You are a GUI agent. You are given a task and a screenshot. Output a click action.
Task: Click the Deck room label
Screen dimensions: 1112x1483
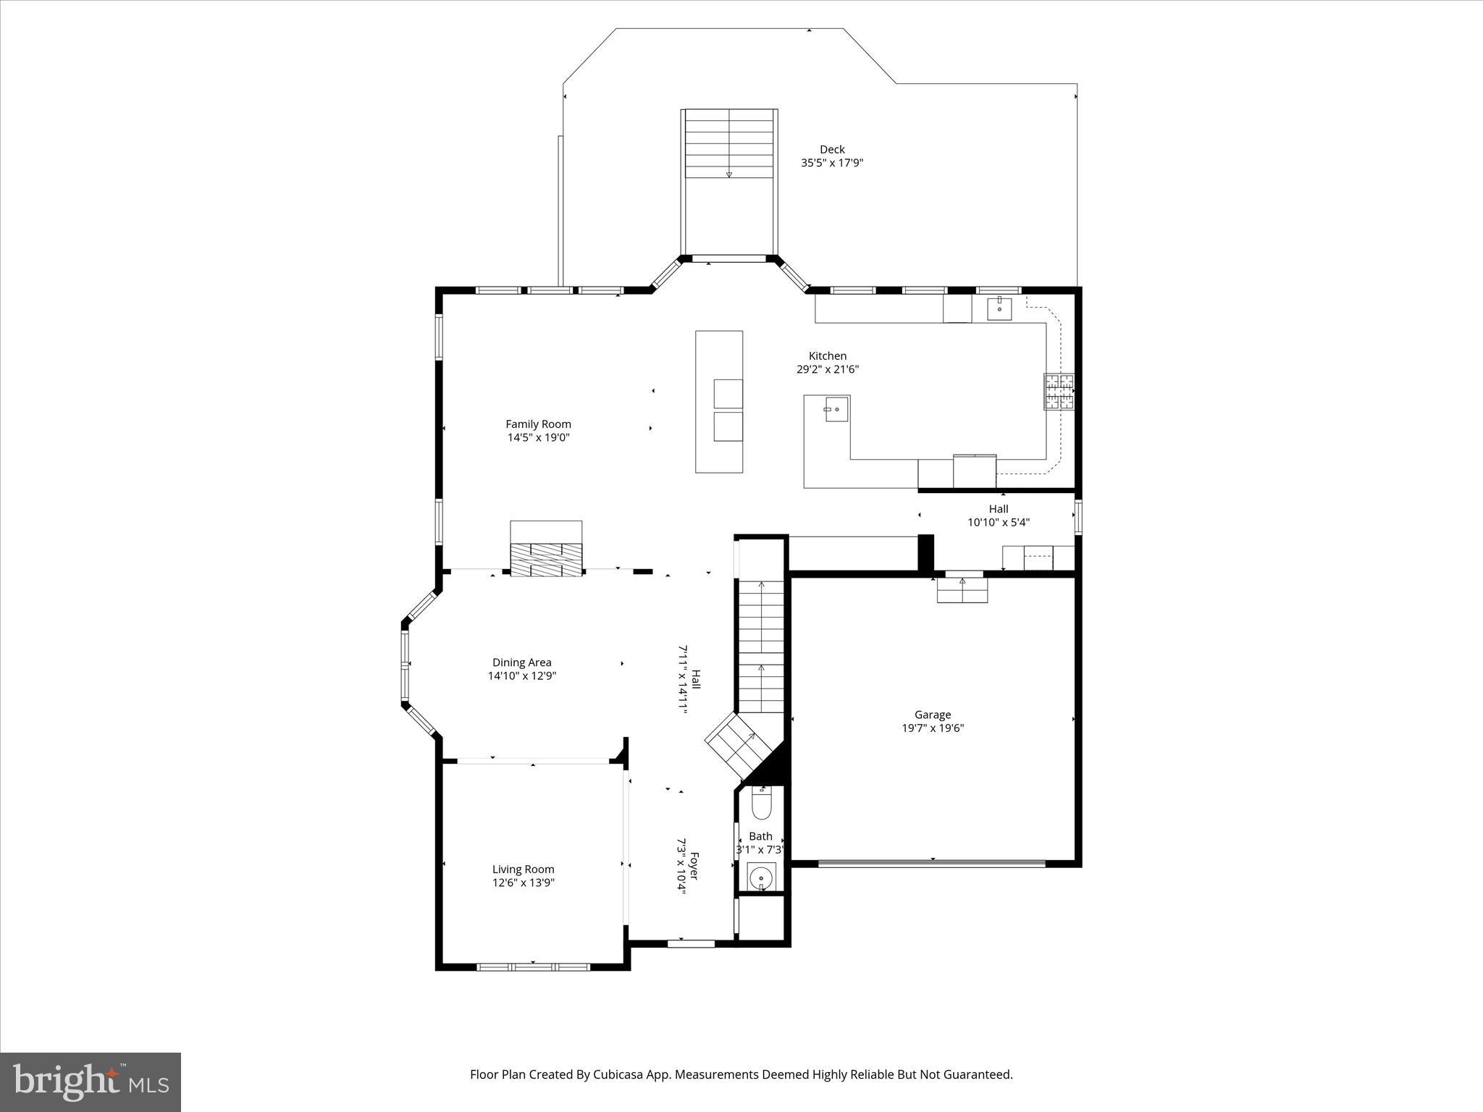pyautogui.click(x=832, y=149)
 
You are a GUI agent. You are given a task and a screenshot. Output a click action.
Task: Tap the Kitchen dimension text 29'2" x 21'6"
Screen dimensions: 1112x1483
pyautogui.click(x=827, y=369)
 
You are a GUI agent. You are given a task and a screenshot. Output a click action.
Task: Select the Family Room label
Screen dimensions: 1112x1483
pyautogui.click(x=538, y=424)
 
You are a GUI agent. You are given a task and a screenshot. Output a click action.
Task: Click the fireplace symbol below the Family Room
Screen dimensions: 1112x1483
pyautogui.click(x=546, y=559)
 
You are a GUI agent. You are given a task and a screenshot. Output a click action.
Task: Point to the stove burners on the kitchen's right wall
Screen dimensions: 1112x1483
pyautogui.click(x=1059, y=392)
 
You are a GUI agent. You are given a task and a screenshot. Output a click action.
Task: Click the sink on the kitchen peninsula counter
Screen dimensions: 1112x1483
pyautogui.click(x=833, y=410)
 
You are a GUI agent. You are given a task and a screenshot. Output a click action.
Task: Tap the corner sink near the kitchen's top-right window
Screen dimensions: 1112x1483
pyautogui.click(x=999, y=308)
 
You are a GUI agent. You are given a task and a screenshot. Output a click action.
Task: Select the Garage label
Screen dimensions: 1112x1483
pyautogui.click(x=932, y=715)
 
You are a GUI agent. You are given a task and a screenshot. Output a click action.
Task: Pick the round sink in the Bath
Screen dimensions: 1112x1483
pyautogui.click(x=761, y=879)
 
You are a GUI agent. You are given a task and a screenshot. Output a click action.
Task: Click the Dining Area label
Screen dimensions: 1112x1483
pyautogui.click(x=521, y=662)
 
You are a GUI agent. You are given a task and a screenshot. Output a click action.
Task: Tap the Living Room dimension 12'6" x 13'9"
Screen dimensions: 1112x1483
pyautogui.click(x=523, y=883)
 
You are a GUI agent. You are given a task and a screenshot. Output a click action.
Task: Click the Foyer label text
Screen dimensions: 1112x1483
pyautogui.click(x=694, y=866)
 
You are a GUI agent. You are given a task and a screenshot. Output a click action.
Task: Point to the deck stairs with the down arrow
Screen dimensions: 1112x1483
pyautogui.click(x=729, y=144)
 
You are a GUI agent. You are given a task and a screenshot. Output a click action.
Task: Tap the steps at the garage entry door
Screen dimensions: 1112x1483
pyautogui.click(x=962, y=590)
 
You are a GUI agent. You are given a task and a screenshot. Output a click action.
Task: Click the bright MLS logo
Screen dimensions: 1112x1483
pyautogui.click(x=91, y=1082)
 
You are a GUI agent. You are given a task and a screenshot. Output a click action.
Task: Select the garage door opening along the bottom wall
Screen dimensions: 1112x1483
pyautogui.click(x=932, y=862)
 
